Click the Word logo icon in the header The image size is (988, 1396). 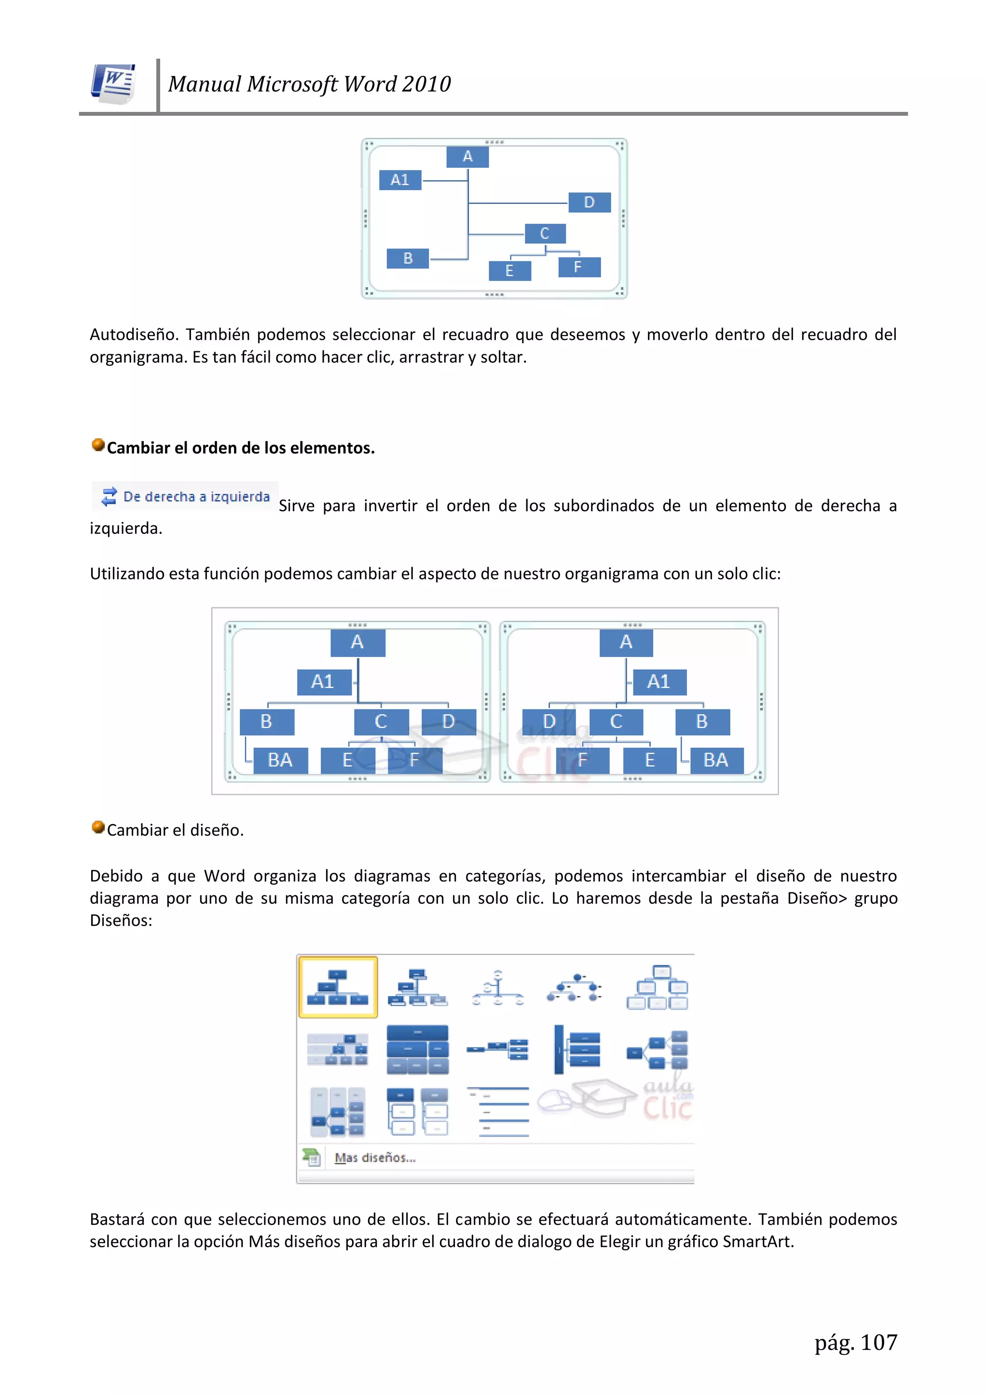pyautogui.click(x=113, y=84)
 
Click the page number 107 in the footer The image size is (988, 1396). pyautogui.click(x=878, y=1342)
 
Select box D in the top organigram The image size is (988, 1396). pyautogui.click(x=589, y=203)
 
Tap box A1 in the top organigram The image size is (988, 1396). pyautogui.click(x=400, y=180)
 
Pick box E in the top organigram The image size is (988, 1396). pyautogui.click(x=510, y=271)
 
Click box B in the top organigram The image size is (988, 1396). pyautogui.click(x=408, y=258)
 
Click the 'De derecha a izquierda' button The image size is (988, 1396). pyautogui.click(x=186, y=497)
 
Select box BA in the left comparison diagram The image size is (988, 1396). pyautogui.click(x=280, y=760)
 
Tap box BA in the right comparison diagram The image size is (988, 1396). pyautogui.click(x=716, y=760)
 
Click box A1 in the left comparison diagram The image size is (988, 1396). pyautogui.click(x=323, y=681)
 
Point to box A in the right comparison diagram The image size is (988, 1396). pyautogui.click(x=626, y=642)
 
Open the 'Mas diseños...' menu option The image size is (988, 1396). pyautogui.click(x=375, y=1158)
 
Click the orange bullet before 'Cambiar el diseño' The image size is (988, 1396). pyautogui.click(x=98, y=827)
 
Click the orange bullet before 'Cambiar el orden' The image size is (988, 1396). pyautogui.click(x=98, y=445)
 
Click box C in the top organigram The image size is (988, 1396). pyautogui.click(x=545, y=233)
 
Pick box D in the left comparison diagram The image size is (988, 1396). pyautogui.click(x=448, y=722)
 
